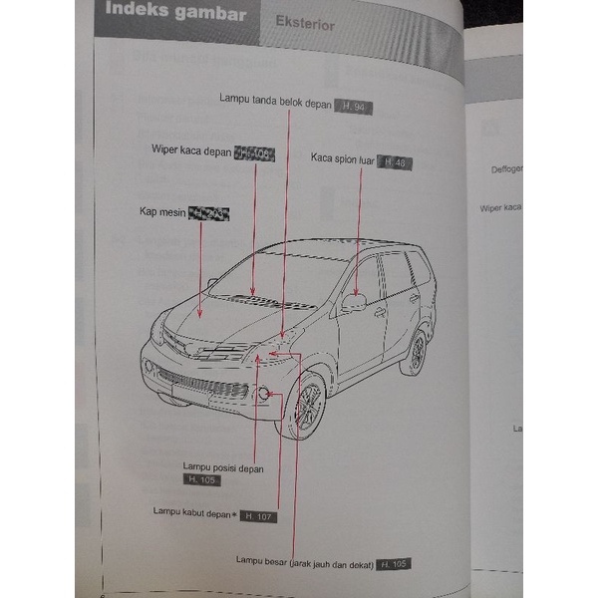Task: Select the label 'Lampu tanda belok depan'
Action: [276, 98]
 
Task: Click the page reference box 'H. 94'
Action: [353, 107]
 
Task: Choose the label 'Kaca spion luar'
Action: [342, 157]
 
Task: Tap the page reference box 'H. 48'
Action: [394, 161]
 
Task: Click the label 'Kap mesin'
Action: [162, 212]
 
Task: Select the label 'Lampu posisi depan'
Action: [222, 466]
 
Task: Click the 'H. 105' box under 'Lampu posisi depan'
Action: [202, 479]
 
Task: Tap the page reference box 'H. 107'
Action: [257, 516]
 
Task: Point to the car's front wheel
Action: [303, 407]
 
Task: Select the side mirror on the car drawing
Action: [353, 300]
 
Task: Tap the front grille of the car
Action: [198, 383]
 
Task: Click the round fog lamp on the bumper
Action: [265, 395]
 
